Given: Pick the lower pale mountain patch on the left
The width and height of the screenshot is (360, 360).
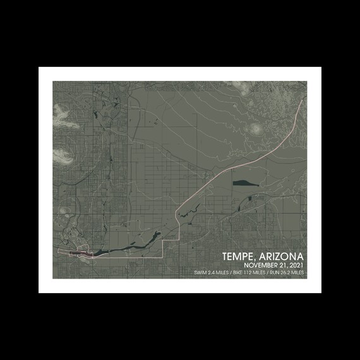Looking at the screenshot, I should tap(63, 153).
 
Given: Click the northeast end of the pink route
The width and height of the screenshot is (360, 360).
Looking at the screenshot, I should tap(305, 97).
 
